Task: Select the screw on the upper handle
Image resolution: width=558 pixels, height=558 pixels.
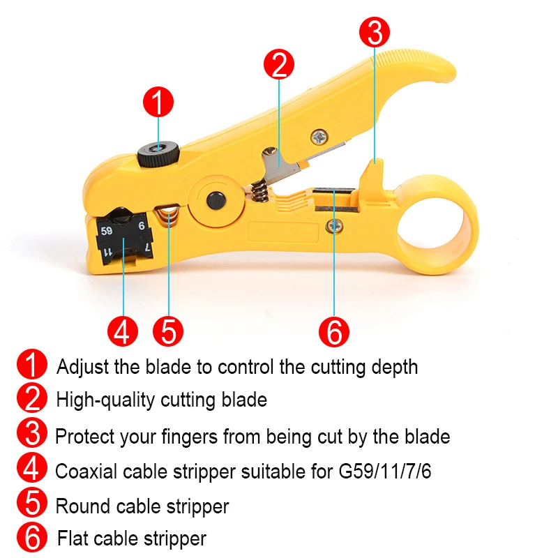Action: pyautogui.click(x=319, y=137)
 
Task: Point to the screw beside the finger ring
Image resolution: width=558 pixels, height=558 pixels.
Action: pyautogui.click(x=335, y=226)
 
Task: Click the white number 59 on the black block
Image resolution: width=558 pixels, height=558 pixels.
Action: pyautogui.click(x=107, y=232)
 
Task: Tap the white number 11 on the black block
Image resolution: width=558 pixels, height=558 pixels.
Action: pyautogui.click(x=107, y=252)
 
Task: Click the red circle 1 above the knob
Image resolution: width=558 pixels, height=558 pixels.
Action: pyautogui.click(x=158, y=102)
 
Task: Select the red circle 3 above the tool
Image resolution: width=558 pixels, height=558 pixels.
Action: pyautogui.click(x=375, y=32)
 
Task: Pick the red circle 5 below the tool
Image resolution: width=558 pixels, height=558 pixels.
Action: pyautogui.click(x=168, y=331)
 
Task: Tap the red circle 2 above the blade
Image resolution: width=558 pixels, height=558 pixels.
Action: pyautogui.click(x=279, y=64)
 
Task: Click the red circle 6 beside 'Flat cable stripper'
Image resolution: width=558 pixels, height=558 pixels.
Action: pyautogui.click(x=31, y=537)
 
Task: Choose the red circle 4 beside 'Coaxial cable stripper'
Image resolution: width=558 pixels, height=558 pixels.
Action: pyautogui.click(x=31, y=468)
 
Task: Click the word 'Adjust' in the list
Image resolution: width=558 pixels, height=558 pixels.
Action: pyautogui.click(x=82, y=367)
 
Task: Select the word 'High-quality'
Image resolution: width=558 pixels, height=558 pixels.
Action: pyautogui.click(x=106, y=400)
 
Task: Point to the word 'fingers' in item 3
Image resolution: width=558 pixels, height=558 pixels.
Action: pyautogui.click(x=189, y=437)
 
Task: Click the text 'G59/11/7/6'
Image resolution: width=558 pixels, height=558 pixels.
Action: pyautogui.click(x=385, y=472)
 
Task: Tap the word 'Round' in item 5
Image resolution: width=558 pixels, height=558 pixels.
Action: pyautogui.click(x=83, y=506)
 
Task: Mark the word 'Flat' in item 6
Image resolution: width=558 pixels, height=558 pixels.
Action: pyautogui.click(x=73, y=538)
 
